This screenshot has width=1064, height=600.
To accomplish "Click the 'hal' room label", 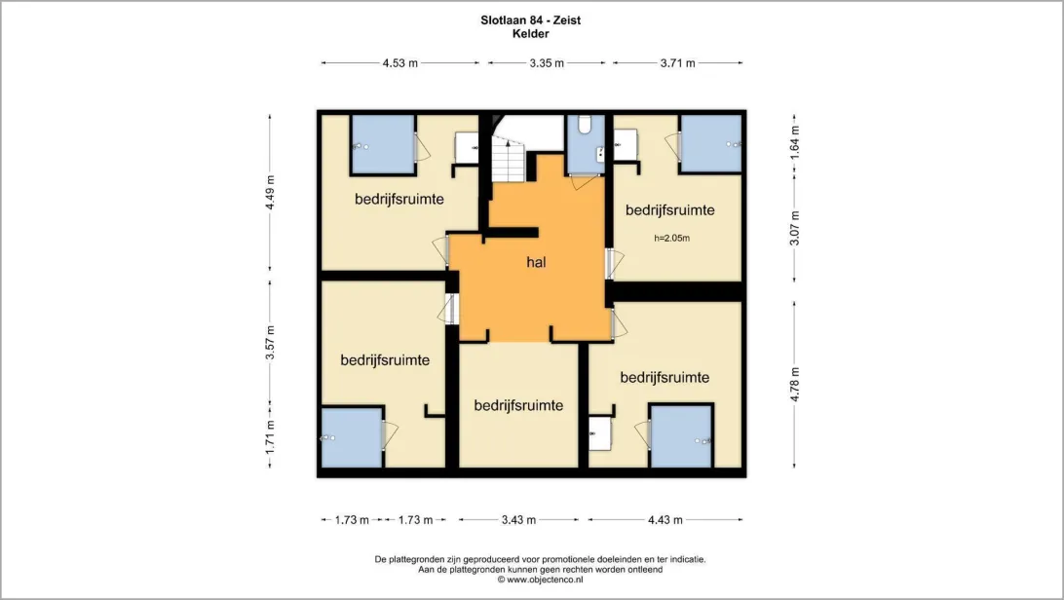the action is coord(536,262).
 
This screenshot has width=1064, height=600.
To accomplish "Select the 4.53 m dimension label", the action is coord(400,63).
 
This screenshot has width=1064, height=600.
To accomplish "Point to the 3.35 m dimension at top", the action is coord(547,63).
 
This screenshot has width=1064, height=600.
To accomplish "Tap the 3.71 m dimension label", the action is coord(678,63).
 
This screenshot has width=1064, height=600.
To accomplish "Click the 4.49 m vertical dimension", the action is coord(270,193).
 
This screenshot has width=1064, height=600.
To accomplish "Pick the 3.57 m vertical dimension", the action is coord(270,343).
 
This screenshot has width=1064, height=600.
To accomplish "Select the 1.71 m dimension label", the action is coord(270,437).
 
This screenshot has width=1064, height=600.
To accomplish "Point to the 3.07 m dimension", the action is coord(795,229).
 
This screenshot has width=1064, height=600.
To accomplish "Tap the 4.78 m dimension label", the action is coord(795,385).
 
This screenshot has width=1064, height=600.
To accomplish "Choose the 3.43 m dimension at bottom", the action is coord(519,520).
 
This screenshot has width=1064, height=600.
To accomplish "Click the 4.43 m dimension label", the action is coord(665,520).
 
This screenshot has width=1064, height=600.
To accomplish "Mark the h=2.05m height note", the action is coord(671,238).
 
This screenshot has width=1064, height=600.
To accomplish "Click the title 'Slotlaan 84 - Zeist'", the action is coord(531,20).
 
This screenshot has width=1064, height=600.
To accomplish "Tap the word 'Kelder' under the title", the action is coord(531,34).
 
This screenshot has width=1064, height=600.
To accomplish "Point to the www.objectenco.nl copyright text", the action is coord(540,580).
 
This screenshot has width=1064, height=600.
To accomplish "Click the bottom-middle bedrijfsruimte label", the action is coord(518,405).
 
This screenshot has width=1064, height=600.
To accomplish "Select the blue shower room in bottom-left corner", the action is coord(352,438).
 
